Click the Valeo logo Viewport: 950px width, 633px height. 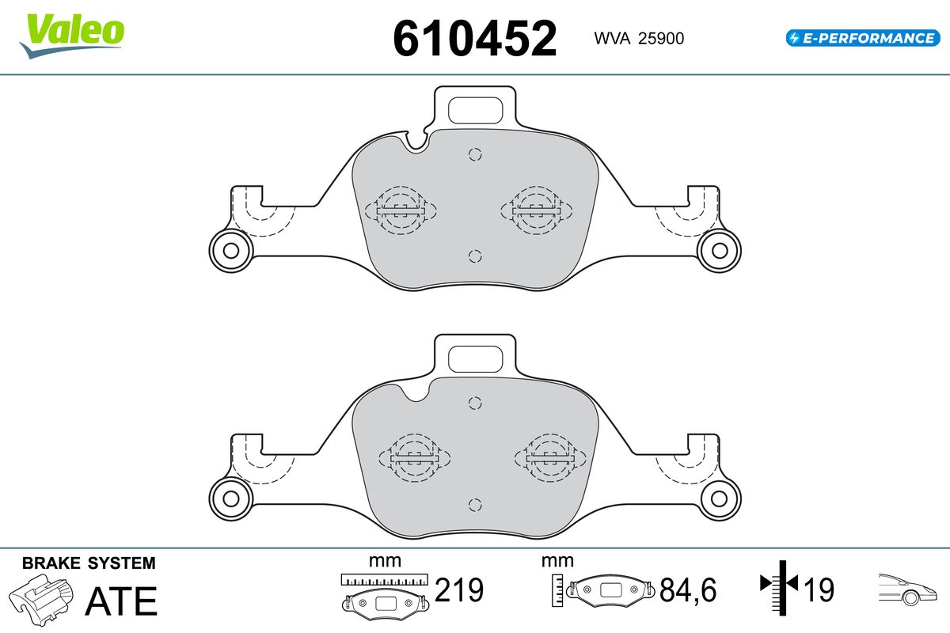(72, 36)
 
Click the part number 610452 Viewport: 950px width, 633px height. (474, 39)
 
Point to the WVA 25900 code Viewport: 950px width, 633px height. (639, 39)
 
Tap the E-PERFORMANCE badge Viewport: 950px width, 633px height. (863, 38)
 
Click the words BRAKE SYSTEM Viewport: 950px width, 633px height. (89, 563)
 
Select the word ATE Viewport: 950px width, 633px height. (121, 601)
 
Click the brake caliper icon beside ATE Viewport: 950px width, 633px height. (40, 600)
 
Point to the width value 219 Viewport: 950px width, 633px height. (459, 589)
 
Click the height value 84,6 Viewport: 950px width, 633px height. (688, 589)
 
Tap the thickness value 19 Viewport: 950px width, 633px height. (819, 589)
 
